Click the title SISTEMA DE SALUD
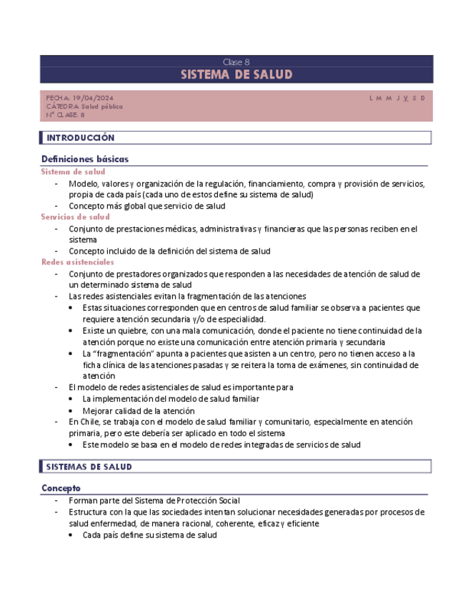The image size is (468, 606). (236, 75)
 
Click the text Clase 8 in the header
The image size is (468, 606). (236, 62)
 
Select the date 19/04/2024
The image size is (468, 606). (93, 98)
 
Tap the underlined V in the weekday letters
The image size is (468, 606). (405, 98)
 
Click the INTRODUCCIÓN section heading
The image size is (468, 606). (80, 138)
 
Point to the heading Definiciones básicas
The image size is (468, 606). (85, 159)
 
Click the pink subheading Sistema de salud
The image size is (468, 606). (73, 172)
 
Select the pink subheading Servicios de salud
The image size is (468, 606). (75, 217)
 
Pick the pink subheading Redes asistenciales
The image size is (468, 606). (77, 262)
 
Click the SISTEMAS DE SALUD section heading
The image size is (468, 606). (89, 467)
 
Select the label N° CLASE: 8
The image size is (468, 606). (65, 114)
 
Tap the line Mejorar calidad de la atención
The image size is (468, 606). (138, 410)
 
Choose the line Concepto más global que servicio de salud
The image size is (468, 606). (146, 206)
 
